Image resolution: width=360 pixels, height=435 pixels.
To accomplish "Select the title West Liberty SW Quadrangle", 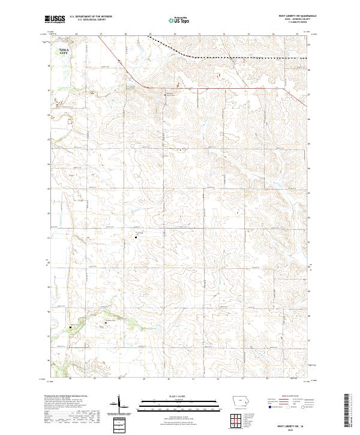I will [x=288, y=16].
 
